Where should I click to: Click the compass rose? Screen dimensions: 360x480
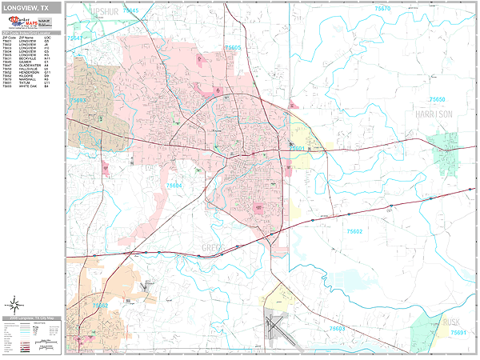(14, 304)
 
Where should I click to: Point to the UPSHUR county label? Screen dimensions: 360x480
(102, 12)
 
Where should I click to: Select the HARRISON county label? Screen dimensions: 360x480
(434, 115)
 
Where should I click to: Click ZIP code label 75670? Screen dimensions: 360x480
(382, 8)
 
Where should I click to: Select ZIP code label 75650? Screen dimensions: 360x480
(437, 100)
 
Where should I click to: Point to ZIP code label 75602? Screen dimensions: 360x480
(354, 231)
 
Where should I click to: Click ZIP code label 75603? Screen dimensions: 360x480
(337, 329)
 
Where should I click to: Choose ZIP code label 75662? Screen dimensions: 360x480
(99, 305)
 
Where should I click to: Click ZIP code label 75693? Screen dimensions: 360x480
(78, 101)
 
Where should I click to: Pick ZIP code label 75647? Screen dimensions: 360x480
(74, 38)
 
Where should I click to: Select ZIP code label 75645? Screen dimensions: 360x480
(130, 10)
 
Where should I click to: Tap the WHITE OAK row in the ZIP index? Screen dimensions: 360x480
(32, 97)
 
